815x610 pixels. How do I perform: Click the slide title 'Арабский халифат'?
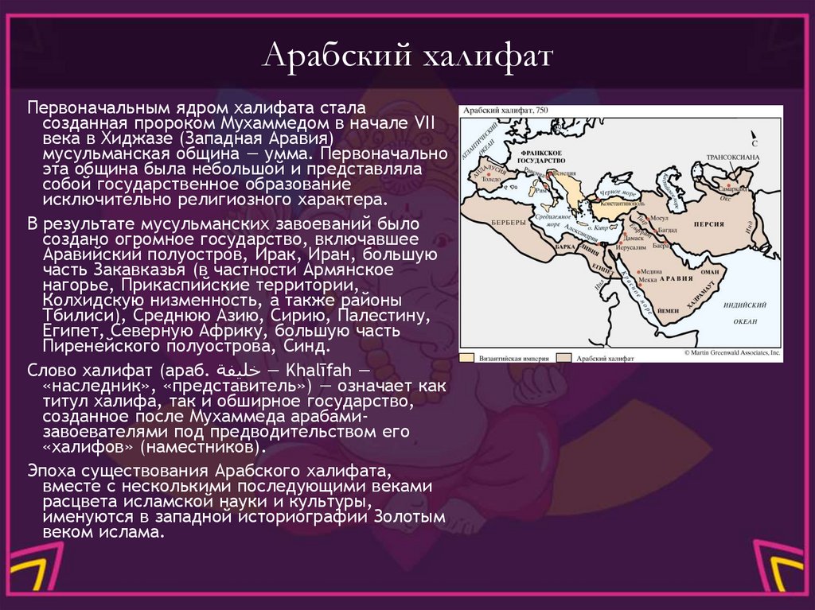pyautogui.click(x=407, y=56)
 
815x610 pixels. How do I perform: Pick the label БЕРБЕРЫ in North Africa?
pyautogui.click(x=508, y=221)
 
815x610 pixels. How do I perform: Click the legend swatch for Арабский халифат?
pyautogui.click(x=563, y=358)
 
